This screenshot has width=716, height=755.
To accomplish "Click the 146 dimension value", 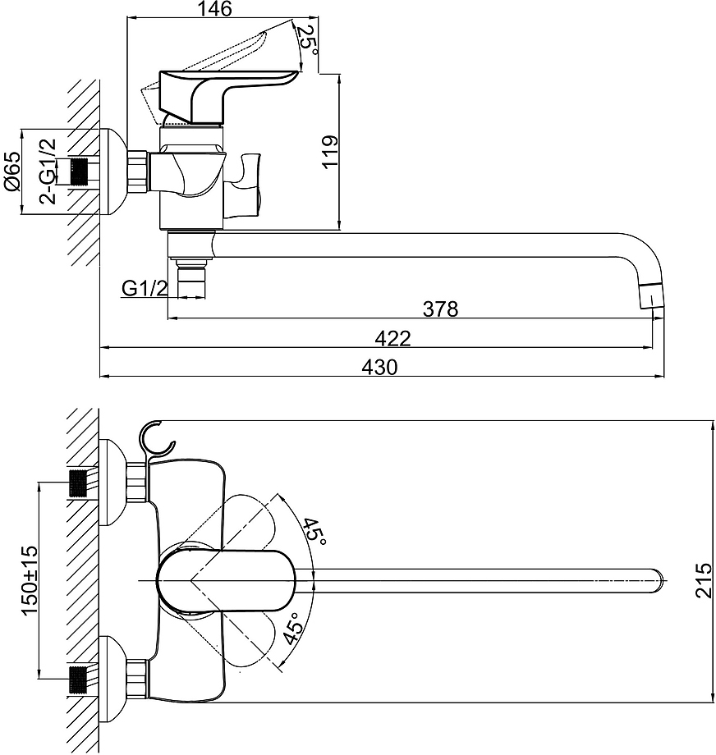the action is click(217, 8).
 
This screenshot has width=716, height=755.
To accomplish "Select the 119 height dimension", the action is click(331, 151).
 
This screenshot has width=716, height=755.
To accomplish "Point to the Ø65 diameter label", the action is click(12, 171).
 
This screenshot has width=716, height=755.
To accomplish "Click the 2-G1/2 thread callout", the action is click(48, 171).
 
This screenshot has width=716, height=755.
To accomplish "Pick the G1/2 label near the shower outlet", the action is click(145, 288).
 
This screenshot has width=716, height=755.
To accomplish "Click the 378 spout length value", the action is click(440, 309).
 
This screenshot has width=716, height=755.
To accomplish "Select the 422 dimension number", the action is click(392, 338).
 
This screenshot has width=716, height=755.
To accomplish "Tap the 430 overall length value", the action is click(379, 368).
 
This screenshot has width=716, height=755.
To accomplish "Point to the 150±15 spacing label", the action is click(29, 579).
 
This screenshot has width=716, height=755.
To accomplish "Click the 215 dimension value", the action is click(704, 579).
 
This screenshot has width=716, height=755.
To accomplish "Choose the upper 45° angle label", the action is click(313, 532).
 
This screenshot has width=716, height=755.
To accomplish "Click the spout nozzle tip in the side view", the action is click(650, 295).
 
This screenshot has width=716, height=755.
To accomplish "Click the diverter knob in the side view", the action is click(245, 185).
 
